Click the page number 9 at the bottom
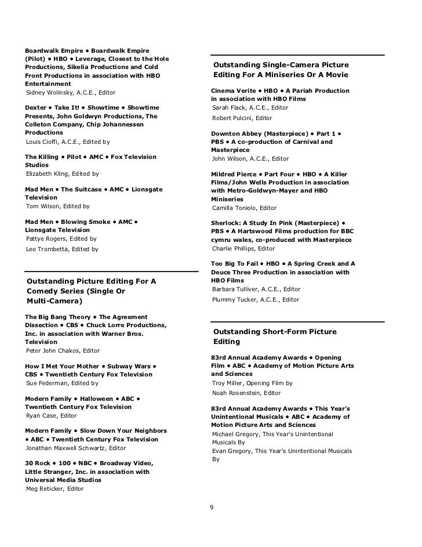pos(212,508)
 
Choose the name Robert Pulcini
pos(232,118)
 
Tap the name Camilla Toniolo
pos(234,208)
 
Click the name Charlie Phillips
pos(233,248)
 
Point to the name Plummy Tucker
pos(233,299)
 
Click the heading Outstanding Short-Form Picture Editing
pos(275,336)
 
